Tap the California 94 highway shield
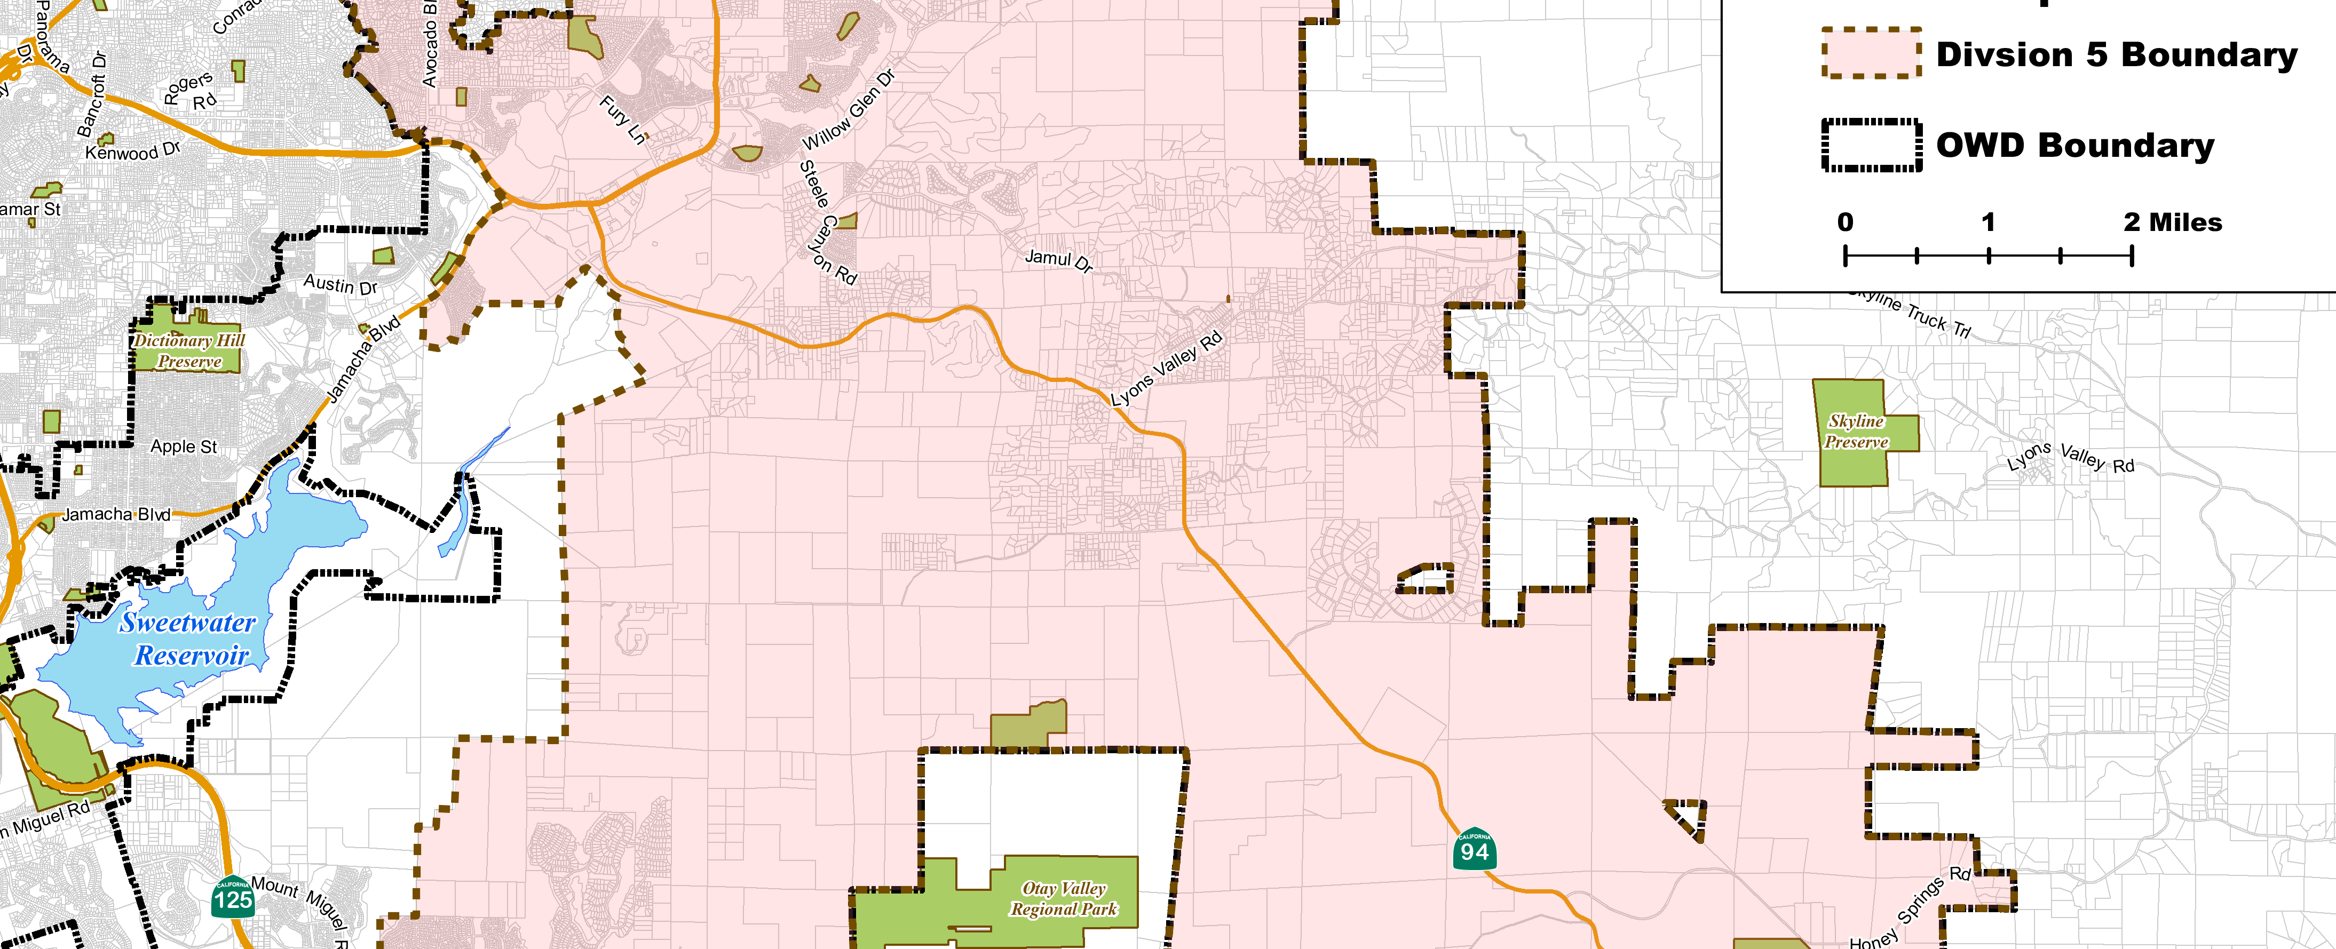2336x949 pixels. (1474, 849)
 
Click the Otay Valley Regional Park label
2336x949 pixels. (1064, 898)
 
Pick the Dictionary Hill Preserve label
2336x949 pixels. (188, 351)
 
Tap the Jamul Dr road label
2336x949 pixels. (1058, 260)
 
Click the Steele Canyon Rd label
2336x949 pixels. (827, 222)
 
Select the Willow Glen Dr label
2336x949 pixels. (849, 110)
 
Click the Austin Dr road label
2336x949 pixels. (340, 285)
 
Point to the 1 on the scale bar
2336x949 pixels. (1988, 222)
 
